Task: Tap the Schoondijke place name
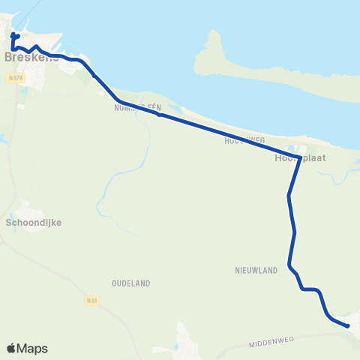[33, 223]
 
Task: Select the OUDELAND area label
[131, 283]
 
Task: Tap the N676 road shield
[15, 77]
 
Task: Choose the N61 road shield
[91, 301]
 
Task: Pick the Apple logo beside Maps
[12, 348]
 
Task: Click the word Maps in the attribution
[32, 348]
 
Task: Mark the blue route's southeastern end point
[348, 325]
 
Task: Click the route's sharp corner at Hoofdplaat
[300, 157]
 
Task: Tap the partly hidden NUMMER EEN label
[133, 109]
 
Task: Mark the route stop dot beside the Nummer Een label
[159, 115]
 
